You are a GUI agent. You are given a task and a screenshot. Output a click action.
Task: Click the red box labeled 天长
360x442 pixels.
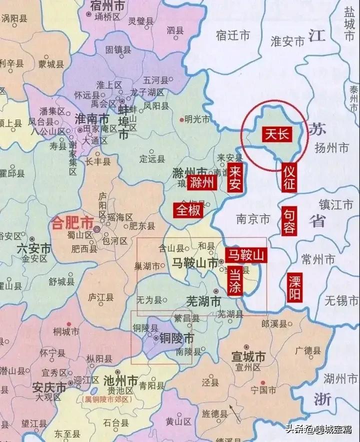click(x=277, y=134)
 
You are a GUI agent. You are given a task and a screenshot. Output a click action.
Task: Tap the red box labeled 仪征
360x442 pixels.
click(x=288, y=178)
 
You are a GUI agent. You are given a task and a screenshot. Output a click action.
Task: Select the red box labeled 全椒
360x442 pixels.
click(x=187, y=210)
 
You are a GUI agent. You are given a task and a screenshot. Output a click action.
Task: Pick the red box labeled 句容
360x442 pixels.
click(x=288, y=221)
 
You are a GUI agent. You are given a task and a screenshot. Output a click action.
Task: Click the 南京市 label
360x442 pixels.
click(x=252, y=219)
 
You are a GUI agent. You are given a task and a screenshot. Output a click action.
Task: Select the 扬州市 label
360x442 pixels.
click(x=331, y=148)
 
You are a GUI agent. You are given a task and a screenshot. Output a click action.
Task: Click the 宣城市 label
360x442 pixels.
click(x=248, y=357)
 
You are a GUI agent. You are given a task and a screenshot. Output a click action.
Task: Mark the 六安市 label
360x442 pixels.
click(x=34, y=249)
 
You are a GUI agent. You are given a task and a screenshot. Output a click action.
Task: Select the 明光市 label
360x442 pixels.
click(x=197, y=119)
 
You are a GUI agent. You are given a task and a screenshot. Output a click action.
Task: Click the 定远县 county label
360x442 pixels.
click(x=152, y=159)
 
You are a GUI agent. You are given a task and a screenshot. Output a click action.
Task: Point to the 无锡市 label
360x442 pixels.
click(x=341, y=301)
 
